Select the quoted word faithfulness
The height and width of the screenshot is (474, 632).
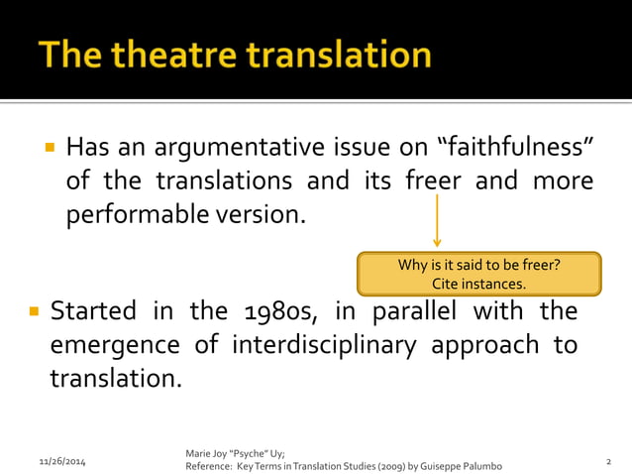click(515, 149)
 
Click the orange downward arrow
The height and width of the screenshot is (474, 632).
click(437, 220)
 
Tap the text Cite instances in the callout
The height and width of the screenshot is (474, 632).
click(479, 285)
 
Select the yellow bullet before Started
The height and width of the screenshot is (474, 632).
click(33, 311)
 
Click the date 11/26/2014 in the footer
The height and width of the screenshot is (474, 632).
click(61, 462)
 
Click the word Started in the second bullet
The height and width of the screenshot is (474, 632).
click(93, 311)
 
